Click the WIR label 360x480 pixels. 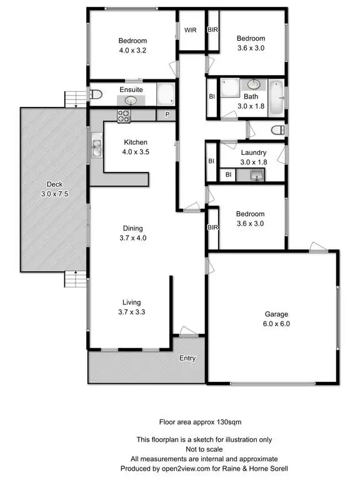click(x=191, y=29)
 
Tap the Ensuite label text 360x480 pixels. click(x=131, y=89)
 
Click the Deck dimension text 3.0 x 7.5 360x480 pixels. click(x=54, y=194)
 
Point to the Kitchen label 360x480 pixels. click(x=136, y=142)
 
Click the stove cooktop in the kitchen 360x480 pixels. click(x=122, y=115)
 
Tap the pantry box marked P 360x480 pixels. click(x=167, y=114)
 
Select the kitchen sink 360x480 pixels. click(x=97, y=147)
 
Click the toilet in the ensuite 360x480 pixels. click(x=95, y=95)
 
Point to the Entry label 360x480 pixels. click(x=187, y=358)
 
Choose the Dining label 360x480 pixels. click(x=136, y=228)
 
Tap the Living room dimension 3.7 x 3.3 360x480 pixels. click(x=136, y=311)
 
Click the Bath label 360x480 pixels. click(x=251, y=97)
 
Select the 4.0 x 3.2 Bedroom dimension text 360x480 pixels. click(x=131, y=49)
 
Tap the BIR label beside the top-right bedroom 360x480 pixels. click(x=213, y=29)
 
